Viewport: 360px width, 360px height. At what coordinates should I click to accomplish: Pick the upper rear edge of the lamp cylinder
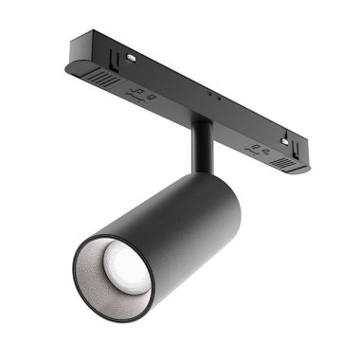(223, 180)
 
